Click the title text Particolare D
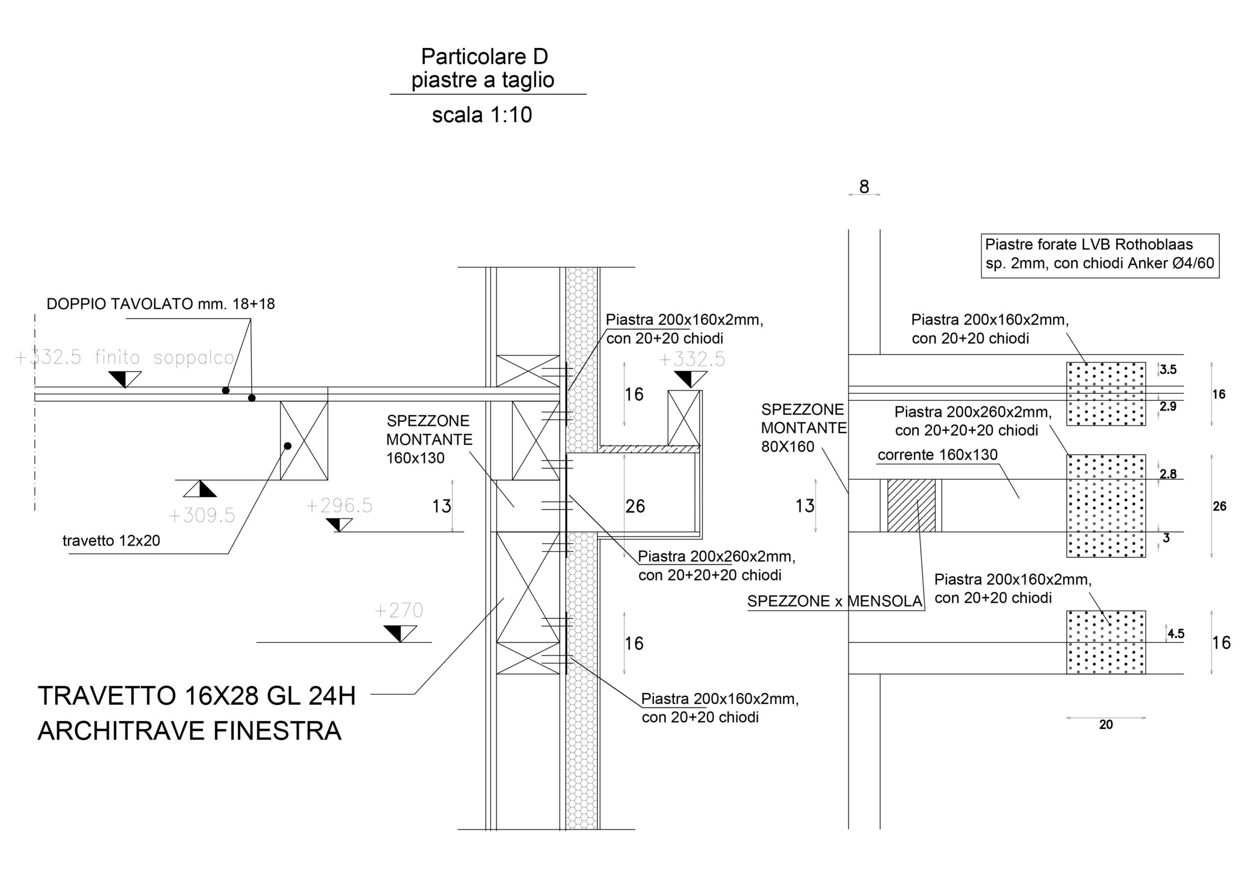[484, 56]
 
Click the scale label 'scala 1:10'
[482, 115]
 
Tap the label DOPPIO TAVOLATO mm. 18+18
[161, 304]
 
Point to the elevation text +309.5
[201, 516]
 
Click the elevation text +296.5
[339, 505]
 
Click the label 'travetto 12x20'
[111, 541]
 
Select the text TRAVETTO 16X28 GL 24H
[196, 696]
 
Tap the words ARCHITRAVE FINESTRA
[190, 731]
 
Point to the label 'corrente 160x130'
[937, 455]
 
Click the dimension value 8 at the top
[864, 187]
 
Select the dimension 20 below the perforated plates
[1106, 725]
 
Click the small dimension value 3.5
[1168, 370]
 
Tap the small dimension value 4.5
[1176, 633]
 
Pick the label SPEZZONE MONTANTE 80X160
[803, 428]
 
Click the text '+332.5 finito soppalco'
[125, 358]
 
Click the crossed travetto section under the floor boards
[304, 441]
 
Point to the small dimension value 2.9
[1168, 407]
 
